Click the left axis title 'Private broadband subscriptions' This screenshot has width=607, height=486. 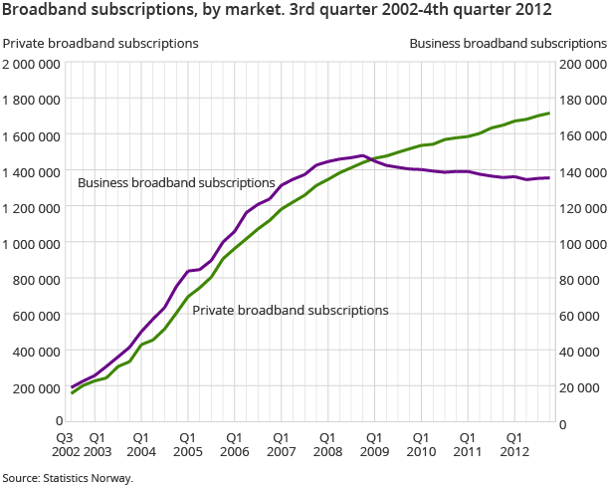coord(101,44)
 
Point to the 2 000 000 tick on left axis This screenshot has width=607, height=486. coord(33,65)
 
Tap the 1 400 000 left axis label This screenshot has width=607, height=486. coord(33,172)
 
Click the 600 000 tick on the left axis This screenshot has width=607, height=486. coord(39,316)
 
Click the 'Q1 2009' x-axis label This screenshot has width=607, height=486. coord(374,444)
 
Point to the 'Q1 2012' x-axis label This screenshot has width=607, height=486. coord(514,444)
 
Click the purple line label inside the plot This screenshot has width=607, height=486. coord(176,183)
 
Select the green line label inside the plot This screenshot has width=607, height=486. coord(291,311)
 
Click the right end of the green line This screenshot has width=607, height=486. coord(549,113)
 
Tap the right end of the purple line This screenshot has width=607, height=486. coord(549,178)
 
